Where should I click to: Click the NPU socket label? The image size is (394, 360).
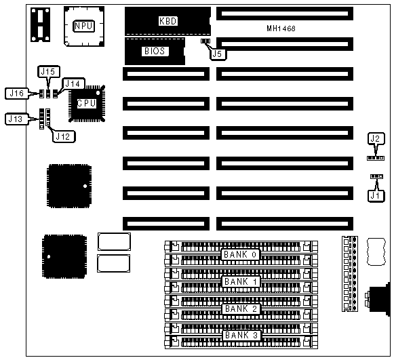(83, 26)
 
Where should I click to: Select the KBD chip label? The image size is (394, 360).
(168, 21)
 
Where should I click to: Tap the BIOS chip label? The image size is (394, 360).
(155, 52)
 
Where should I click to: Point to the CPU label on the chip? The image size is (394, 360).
(86, 103)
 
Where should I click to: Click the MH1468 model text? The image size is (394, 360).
(281, 28)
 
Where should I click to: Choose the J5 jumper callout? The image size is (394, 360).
(218, 54)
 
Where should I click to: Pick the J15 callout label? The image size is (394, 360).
(48, 72)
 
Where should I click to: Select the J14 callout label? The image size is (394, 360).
(73, 83)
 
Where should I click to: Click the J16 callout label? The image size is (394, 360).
(16, 94)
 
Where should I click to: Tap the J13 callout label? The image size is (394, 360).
(16, 119)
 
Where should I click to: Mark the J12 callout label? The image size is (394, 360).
(63, 136)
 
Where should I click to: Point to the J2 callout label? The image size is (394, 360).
(376, 138)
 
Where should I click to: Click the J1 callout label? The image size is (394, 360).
(376, 195)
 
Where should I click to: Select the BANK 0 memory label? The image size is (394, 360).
(240, 254)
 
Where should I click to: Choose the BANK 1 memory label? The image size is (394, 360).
(241, 281)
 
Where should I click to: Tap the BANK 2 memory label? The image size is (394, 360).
(241, 308)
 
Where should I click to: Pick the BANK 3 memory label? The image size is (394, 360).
(241, 335)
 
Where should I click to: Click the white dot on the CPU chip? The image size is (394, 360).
(98, 93)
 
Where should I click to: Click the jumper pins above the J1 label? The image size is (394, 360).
(376, 176)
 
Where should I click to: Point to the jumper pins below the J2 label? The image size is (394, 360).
(376, 158)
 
